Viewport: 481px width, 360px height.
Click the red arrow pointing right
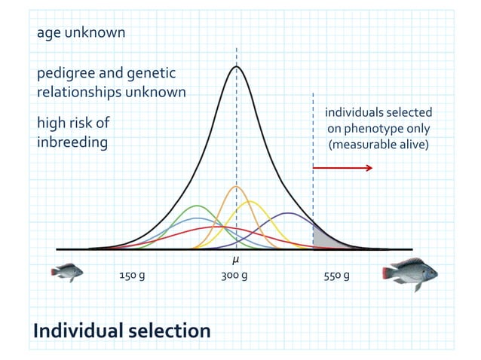click(342, 167)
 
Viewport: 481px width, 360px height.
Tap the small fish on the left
click(67, 271)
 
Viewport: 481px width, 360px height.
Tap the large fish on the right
click(410, 273)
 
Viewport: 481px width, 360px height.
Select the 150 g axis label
click(132, 276)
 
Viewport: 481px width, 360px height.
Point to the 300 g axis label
click(234, 276)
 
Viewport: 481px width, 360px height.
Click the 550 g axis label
click(336, 276)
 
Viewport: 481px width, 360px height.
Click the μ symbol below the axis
click(236, 260)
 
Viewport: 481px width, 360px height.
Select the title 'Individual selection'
click(121, 330)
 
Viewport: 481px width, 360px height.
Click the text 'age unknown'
click(81, 33)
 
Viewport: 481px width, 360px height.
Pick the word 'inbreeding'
click(72, 142)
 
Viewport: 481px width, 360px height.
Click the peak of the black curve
click(237, 67)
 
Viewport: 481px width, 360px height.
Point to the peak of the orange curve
click(236, 186)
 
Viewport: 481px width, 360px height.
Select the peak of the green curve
click(198, 206)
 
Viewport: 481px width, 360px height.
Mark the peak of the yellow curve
click(250, 201)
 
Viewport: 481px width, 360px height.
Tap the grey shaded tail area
click(323, 239)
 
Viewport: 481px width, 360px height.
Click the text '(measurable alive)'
click(378, 144)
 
